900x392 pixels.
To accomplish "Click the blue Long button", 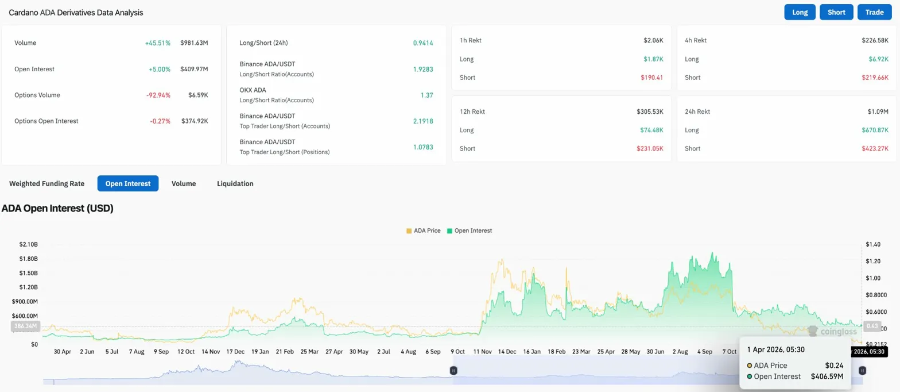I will click(x=800, y=12).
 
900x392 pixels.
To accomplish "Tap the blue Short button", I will click(x=836, y=12).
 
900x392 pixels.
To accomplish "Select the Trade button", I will click(x=874, y=12).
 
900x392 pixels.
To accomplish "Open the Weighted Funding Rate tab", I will click(x=46, y=183).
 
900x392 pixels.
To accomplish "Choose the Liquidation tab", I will click(x=235, y=183).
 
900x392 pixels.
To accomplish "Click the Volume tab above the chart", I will click(x=184, y=183).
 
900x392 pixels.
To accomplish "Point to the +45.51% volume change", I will click(x=158, y=43).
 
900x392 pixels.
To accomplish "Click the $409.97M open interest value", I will click(x=194, y=69).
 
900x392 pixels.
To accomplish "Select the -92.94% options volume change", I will click(x=158, y=95).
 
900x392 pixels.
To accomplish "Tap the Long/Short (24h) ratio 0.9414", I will click(x=423, y=43).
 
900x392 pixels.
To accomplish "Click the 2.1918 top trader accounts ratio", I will click(x=423, y=121).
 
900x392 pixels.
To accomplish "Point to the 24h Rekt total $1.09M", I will click(x=878, y=112).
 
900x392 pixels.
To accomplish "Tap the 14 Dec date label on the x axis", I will click(x=506, y=351).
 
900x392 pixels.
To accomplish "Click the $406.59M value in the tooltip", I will click(x=827, y=376).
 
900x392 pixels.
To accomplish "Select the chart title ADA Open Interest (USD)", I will click(x=57, y=208).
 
